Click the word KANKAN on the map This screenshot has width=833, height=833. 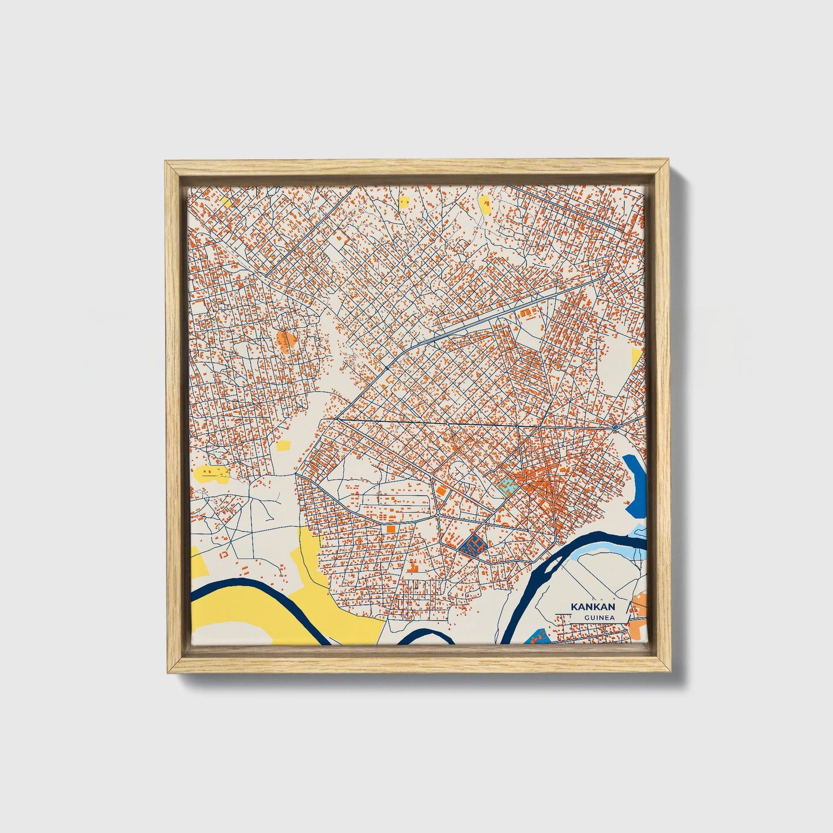593,606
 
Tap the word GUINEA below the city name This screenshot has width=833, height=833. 598,618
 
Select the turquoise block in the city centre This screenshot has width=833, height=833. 506,485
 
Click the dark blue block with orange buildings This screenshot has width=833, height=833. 474,544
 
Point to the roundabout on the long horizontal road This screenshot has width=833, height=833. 616,427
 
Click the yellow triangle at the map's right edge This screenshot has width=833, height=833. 636,357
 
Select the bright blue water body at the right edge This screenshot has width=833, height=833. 635,484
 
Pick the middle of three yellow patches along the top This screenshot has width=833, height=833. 404,202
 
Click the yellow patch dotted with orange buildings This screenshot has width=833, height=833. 211,474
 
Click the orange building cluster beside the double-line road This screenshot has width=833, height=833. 527,313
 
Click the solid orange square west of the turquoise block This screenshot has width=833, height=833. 441,491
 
